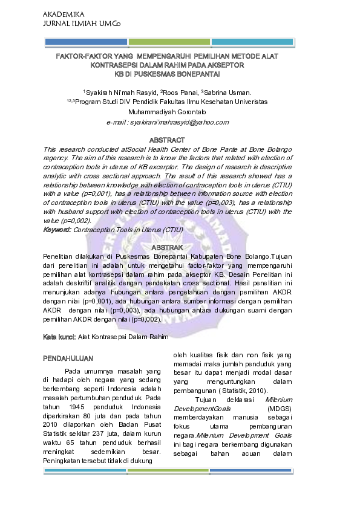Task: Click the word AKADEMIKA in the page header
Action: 64,13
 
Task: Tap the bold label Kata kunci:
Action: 59,336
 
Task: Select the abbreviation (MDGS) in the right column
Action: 279,409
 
